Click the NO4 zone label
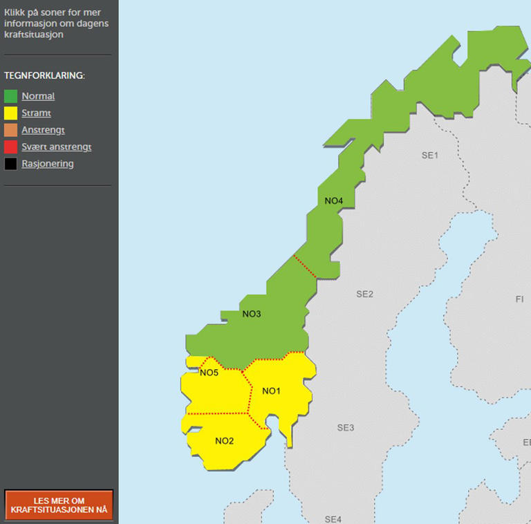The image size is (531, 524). point(333,201)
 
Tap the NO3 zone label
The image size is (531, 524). point(252,314)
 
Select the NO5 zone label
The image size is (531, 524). point(209,373)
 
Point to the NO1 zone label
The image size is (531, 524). point(271,391)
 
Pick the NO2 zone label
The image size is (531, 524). point(224,441)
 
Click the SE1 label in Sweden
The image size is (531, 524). point(430,156)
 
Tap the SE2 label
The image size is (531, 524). point(364,294)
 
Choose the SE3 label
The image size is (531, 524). point(346,428)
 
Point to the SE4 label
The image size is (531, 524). point(333,518)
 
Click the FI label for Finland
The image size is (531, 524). point(519,299)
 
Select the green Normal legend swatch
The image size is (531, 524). point(10,96)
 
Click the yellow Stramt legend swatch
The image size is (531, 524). point(10,113)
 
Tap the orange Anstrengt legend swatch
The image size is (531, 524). point(10,130)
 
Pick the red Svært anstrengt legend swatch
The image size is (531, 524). point(10,147)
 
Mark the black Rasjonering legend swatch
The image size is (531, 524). point(10,164)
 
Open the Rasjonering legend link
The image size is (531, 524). point(47,164)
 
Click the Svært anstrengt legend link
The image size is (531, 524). point(56,147)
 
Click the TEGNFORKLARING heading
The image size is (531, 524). point(44,75)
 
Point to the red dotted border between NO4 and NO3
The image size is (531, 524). point(305,267)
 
